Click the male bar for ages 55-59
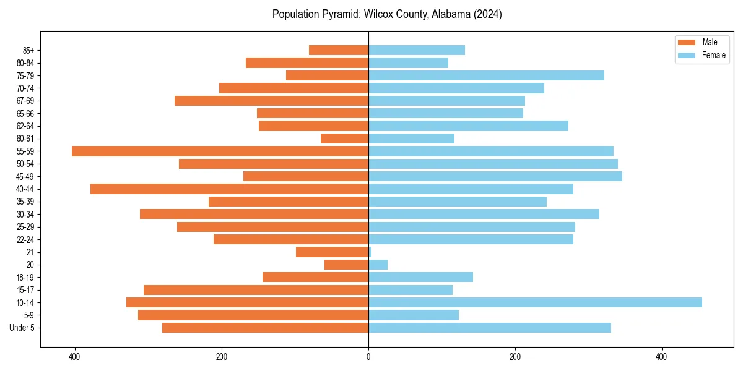coord(220,151)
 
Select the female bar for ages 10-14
coord(535,302)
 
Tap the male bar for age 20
coord(346,265)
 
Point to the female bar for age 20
coord(378,265)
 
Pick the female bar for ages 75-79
coord(486,75)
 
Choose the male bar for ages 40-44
coord(229,189)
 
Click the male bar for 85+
coord(339,50)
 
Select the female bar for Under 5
coord(490,328)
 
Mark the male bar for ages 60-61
coord(344,139)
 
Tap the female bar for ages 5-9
coord(414,315)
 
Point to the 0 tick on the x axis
coord(368,357)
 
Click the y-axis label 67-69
coord(25,101)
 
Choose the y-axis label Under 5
coord(22,328)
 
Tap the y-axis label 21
coord(30,252)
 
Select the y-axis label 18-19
coord(25,277)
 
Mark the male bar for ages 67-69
coord(271,101)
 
